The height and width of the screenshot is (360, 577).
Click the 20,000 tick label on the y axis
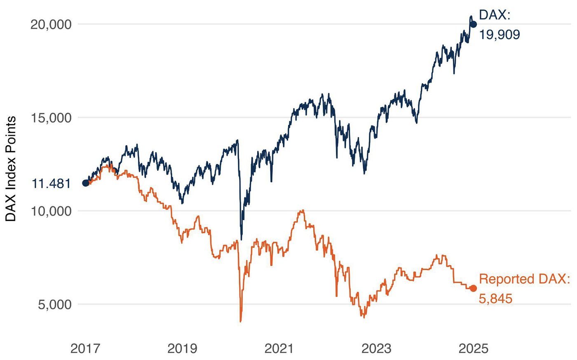(x=51, y=24)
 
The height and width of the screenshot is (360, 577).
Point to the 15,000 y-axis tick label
(x=51, y=118)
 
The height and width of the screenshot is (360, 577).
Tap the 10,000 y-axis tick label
(x=51, y=211)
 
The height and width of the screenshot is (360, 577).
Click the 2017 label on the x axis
(x=85, y=348)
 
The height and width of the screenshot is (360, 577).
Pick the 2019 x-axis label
(x=182, y=348)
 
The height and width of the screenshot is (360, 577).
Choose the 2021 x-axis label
(x=279, y=348)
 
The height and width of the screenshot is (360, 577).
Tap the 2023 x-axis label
(x=376, y=348)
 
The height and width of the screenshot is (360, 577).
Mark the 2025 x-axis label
(x=473, y=348)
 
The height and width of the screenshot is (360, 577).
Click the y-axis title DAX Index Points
(x=11, y=169)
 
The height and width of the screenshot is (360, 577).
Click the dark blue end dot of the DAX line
(x=473, y=24)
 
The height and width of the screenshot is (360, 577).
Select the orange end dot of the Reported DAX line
(x=473, y=288)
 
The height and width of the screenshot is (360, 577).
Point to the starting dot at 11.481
(x=86, y=183)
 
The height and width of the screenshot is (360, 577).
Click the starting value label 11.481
(x=52, y=184)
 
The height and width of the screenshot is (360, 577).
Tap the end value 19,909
(x=499, y=35)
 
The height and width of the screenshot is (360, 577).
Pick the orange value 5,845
(x=495, y=298)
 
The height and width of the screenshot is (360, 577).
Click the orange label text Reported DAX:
(x=524, y=279)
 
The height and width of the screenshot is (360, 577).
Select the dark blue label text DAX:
(x=495, y=16)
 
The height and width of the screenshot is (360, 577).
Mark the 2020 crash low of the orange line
(x=241, y=320)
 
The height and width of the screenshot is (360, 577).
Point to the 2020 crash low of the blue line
(x=241, y=239)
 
